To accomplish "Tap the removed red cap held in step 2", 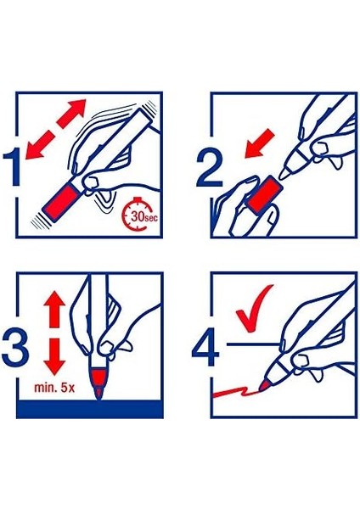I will click(x=265, y=193).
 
